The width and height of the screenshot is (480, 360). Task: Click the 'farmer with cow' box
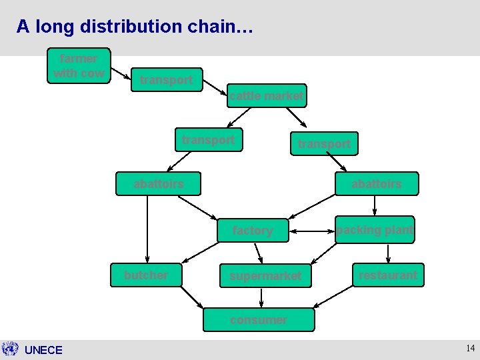79,66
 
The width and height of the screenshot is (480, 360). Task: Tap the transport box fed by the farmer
167,80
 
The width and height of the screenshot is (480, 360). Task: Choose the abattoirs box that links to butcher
158,183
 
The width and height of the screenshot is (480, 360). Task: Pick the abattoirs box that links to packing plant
377,183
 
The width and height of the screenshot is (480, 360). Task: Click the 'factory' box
252,231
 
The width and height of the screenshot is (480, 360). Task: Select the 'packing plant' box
375,230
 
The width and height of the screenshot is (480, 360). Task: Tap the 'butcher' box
146,275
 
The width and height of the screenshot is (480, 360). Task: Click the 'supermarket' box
265,275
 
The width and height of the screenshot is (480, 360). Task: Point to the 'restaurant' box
388,275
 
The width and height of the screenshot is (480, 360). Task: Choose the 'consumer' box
259,319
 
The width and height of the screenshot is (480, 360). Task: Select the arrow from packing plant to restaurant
388,253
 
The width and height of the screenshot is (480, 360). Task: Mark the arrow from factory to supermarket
259,253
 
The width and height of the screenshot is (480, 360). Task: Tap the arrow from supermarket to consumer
261,298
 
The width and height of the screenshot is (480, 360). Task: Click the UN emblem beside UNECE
10,349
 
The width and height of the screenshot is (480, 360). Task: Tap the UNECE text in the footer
43,350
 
